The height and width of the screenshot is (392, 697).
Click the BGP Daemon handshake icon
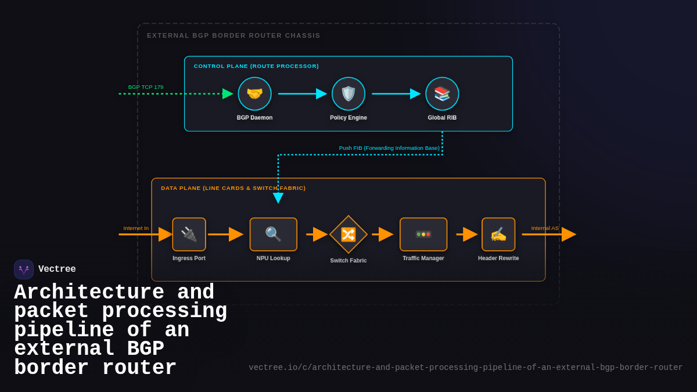254,93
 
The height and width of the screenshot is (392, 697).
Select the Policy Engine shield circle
348,93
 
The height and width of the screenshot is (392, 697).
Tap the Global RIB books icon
442,93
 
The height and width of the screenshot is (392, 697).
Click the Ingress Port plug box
189,234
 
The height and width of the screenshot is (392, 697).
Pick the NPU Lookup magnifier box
273,234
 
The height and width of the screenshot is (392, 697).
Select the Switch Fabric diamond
348,234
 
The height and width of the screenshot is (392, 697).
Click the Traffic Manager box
423,234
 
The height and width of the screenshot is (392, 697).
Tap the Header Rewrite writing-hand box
498,234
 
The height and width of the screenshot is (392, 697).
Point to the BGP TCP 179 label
146,87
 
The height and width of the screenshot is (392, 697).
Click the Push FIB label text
389,148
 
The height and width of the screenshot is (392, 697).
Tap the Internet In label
136,228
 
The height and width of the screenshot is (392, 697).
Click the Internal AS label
545,228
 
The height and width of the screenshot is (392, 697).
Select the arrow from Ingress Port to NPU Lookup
225,234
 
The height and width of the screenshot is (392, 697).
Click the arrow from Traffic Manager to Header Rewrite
466,234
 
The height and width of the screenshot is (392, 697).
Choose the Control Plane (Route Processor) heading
256,66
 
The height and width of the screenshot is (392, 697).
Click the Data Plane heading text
233,188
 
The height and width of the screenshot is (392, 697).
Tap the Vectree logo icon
24,269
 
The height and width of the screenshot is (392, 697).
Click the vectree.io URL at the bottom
465,368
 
